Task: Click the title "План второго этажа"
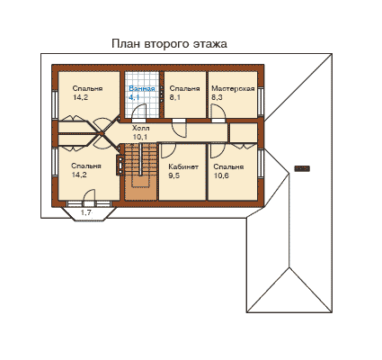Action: point(169,44)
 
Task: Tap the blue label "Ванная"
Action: point(142,89)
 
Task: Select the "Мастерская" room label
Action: point(233,89)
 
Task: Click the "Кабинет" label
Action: point(183,166)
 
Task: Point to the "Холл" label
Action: point(141,129)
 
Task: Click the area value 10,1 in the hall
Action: point(140,137)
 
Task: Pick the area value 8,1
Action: point(175,97)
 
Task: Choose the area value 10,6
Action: point(221,175)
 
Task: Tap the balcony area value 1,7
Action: point(86,213)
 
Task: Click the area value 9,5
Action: point(173,175)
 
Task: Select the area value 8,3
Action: point(217,97)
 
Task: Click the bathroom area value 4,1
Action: point(134,97)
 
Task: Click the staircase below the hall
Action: point(140,171)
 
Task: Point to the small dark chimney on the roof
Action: point(302,168)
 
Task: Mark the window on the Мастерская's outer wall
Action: point(262,102)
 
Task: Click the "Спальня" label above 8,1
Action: point(184,89)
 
